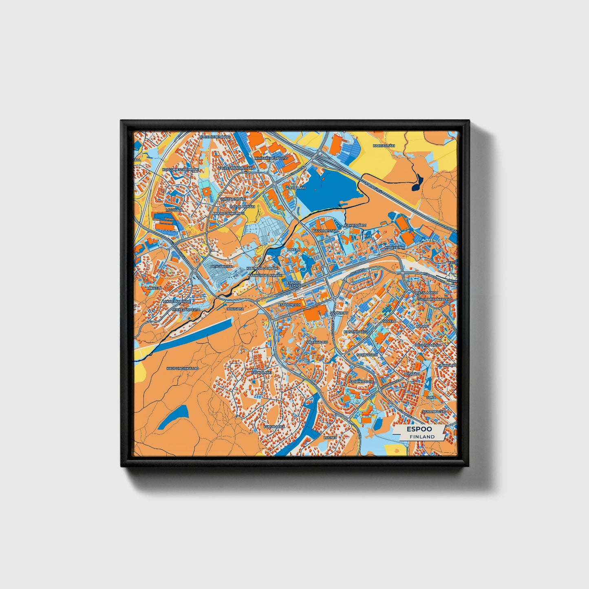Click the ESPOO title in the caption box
[419, 429]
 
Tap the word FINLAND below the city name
[422, 437]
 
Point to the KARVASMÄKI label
[384, 146]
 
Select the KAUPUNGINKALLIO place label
[182, 368]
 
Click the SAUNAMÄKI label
[261, 373]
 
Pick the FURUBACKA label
[274, 426]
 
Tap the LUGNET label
[330, 437]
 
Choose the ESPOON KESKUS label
[293, 284]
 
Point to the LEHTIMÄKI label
[297, 188]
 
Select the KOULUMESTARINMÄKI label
[180, 169]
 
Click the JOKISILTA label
[235, 309]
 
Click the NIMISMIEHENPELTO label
[271, 158]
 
